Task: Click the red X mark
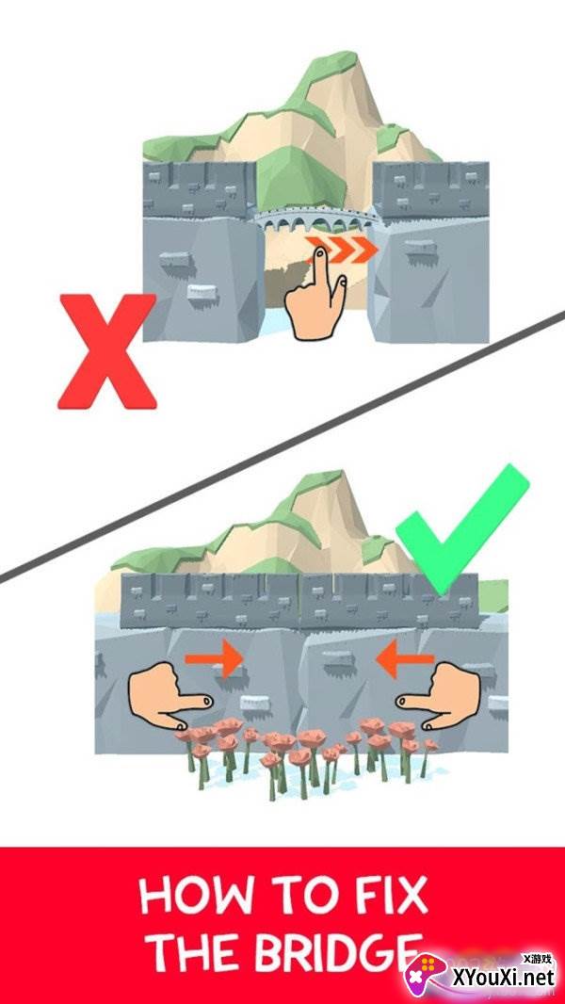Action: click(x=106, y=351)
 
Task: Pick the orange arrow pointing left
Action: click(x=405, y=659)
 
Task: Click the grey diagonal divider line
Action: click(x=282, y=447)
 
